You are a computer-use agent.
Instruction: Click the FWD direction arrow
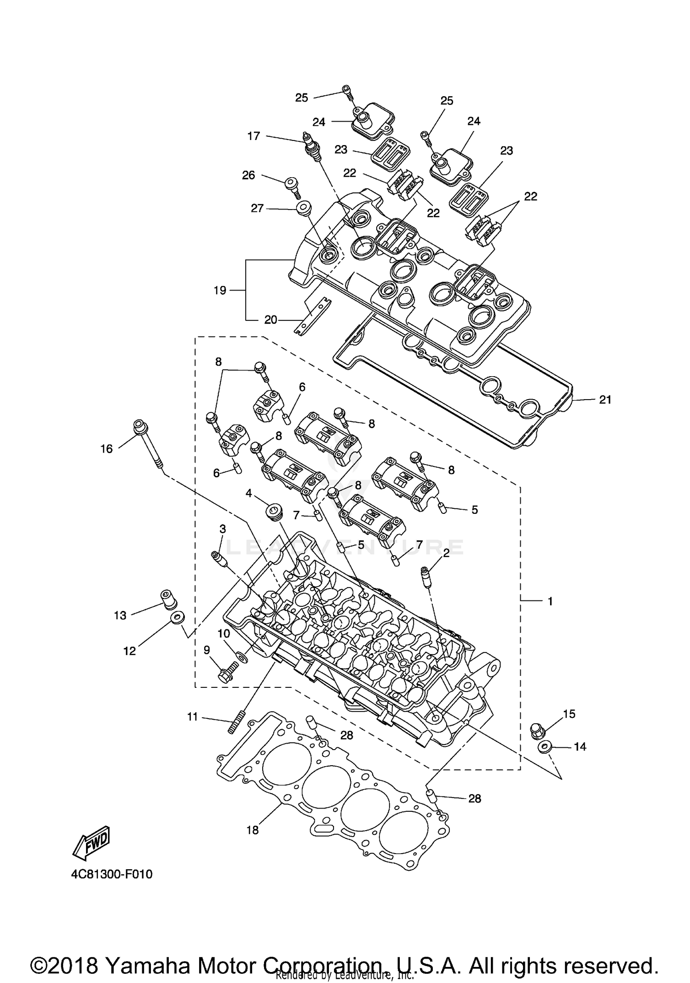(91, 843)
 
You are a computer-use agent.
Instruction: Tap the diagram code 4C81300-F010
(112, 874)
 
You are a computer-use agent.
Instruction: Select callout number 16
(106, 448)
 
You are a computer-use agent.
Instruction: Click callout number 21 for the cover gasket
(605, 400)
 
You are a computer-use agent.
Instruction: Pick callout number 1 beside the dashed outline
(550, 601)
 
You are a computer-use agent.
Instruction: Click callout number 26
(248, 175)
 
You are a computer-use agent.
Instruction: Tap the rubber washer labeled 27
(302, 208)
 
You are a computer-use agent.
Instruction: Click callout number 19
(220, 291)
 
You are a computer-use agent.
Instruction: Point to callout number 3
(223, 529)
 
